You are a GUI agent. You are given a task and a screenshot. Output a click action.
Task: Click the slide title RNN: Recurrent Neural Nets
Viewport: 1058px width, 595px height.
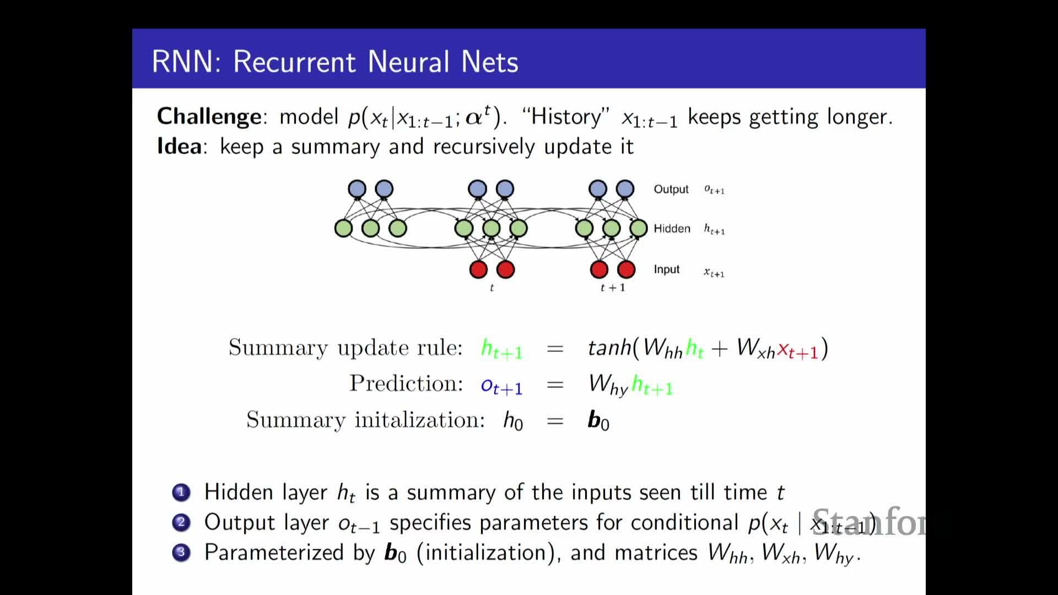click(334, 61)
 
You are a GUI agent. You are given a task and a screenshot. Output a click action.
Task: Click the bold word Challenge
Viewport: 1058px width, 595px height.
click(209, 117)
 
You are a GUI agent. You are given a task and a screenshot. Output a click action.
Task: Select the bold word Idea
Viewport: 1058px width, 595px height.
click(179, 147)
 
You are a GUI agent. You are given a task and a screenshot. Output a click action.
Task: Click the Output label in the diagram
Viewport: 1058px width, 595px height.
click(671, 190)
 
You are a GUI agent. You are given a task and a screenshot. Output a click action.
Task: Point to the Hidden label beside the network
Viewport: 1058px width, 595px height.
click(672, 229)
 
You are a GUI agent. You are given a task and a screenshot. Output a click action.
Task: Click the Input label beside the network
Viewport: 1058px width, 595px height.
click(666, 269)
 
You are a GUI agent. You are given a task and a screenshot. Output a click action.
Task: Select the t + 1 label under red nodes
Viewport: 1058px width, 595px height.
click(612, 288)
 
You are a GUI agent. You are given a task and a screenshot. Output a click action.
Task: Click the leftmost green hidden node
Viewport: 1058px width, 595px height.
click(343, 228)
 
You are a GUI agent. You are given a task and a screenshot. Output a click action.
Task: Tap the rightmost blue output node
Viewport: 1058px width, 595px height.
click(625, 189)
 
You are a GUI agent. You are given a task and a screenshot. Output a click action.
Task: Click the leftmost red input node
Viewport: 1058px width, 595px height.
click(478, 269)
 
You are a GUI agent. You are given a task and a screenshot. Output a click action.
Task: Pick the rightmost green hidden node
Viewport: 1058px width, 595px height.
click(638, 228)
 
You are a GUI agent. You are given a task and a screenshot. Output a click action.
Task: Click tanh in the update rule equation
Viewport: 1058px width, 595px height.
click(609, 348)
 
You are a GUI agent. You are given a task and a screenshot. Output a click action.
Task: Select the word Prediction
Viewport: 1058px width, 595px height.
click(406, 383)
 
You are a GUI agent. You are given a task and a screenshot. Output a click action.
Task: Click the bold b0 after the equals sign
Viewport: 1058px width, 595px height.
click(598, 420)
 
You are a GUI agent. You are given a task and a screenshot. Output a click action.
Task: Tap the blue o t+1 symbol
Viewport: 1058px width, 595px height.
click(501, 386)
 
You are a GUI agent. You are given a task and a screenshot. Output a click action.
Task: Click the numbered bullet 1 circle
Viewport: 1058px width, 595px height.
click(181, 492)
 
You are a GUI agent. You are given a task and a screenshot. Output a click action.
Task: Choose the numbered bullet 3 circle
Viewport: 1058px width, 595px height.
click(181, 553)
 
